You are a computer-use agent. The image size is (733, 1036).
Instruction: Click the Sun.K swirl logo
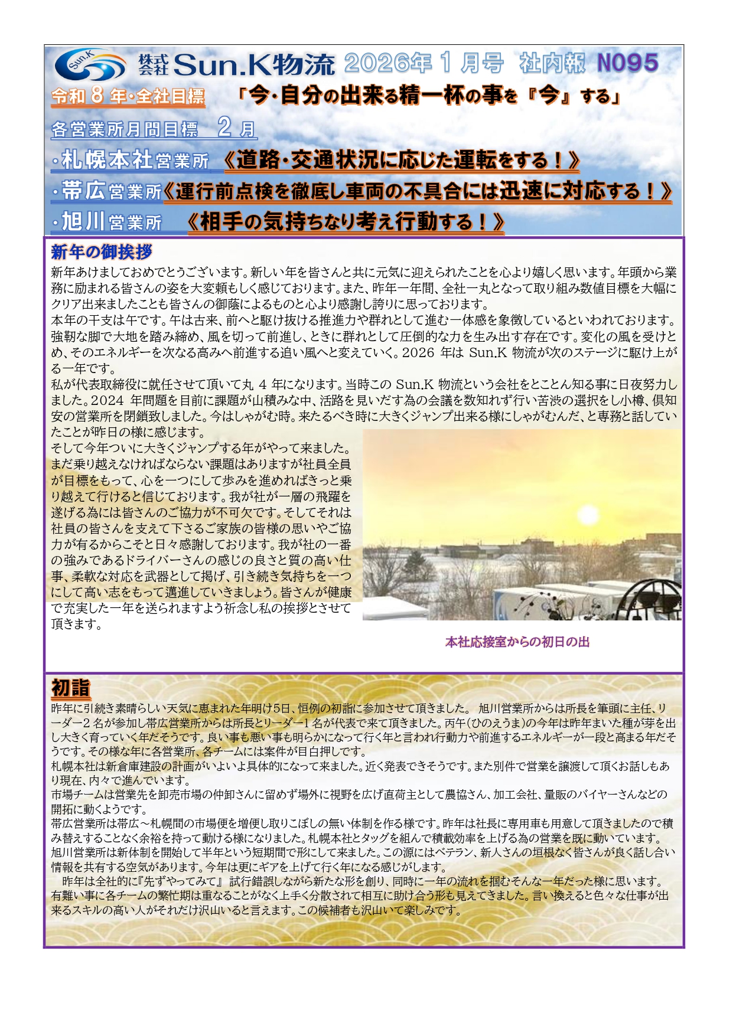(90, 64)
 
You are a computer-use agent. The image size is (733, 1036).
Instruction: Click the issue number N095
(628, 63)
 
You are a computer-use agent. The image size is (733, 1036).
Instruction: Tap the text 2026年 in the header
(388, 63)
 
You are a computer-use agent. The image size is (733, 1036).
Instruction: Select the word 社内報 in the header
(552, 63)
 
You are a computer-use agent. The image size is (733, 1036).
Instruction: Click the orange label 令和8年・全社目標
(128, 96)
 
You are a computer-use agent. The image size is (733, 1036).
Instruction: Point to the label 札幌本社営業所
(135, 160)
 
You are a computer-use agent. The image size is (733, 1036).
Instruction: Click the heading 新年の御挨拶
(102, 252)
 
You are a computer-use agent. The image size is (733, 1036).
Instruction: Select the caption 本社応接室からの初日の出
(517, 642)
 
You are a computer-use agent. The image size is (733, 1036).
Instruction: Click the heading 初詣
(71, 688)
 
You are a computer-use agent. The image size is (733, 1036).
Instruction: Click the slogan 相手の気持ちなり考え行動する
(346, 222)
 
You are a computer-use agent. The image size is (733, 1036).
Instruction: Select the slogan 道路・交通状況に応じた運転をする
(402, 160)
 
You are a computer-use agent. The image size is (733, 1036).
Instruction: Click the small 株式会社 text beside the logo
(154, 64)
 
